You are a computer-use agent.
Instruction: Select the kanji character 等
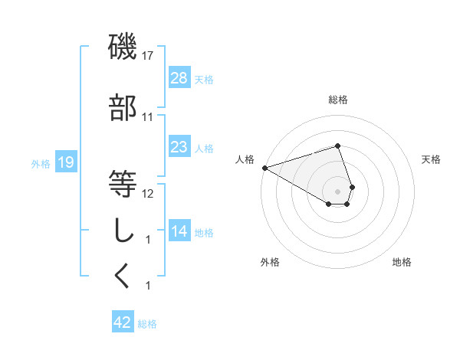123,184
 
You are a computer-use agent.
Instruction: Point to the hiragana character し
123,229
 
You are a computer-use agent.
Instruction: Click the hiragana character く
123,275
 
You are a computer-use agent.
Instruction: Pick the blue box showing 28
179,78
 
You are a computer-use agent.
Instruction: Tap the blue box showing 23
179,146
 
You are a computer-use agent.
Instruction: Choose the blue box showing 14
179,231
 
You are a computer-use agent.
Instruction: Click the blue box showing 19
65,162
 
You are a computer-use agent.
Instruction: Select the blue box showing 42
123,322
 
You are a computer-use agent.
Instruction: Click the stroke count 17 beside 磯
148,56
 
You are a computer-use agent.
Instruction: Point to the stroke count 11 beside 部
148,117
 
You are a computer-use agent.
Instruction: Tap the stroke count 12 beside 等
148,193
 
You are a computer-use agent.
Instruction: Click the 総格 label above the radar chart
338,100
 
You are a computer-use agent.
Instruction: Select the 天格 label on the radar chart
432,159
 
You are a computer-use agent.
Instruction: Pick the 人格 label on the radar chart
245,159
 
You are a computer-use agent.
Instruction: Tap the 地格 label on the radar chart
402,262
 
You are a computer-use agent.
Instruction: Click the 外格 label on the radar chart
270,262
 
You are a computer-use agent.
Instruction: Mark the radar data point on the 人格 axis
264,168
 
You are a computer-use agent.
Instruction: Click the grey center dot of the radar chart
338,191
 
